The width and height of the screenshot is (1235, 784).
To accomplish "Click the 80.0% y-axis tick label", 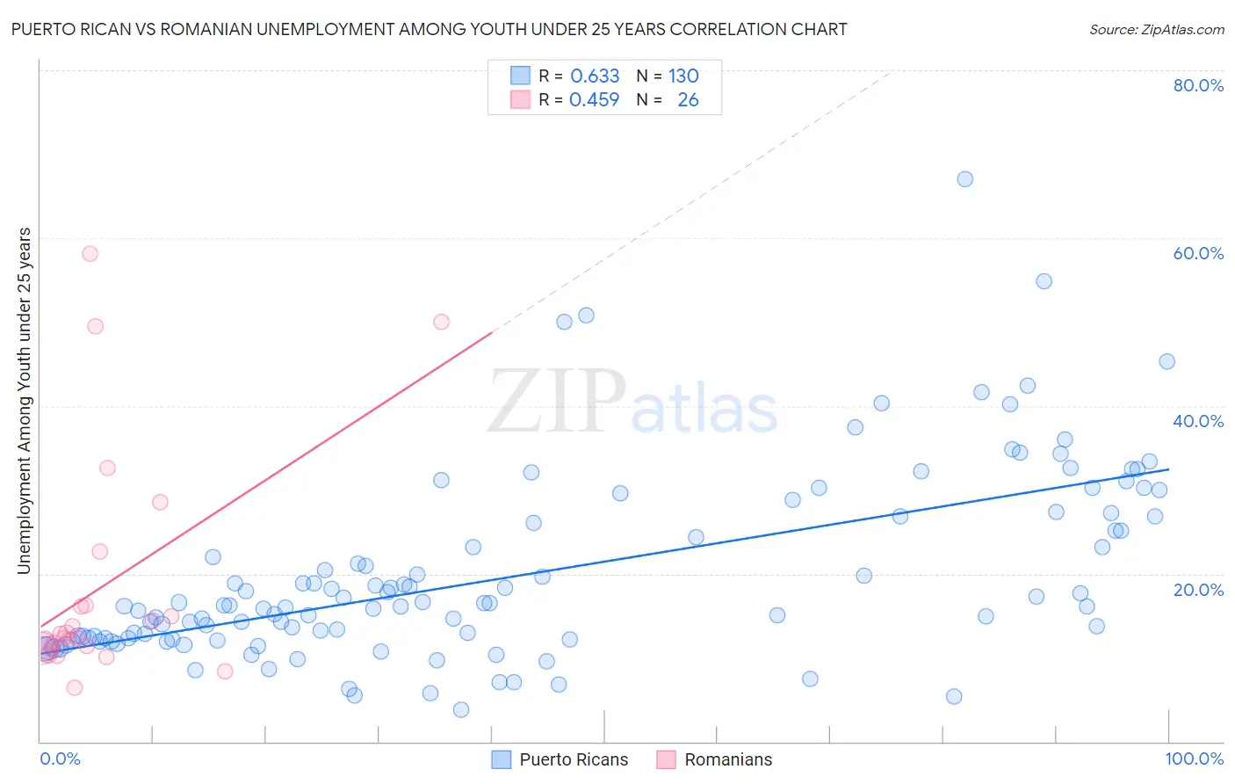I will point(1198,85).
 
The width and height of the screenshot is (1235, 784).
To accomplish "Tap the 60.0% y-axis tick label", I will point(1198,253).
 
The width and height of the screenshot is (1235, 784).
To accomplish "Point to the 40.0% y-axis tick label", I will point(1198,421).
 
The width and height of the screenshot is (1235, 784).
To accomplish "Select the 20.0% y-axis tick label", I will point(1198,589).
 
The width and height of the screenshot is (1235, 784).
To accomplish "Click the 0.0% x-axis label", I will point(60,759).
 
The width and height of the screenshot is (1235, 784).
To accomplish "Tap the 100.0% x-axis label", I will point(1195,759).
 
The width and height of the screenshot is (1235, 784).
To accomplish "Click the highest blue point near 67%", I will point(964,179).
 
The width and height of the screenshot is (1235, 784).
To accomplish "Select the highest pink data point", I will point(90,254).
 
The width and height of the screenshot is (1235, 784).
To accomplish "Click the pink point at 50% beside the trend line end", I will point(441,322).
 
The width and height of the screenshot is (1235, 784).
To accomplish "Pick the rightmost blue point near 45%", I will point(1166,361).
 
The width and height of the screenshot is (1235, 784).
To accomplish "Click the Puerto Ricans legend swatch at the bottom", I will point(501,759).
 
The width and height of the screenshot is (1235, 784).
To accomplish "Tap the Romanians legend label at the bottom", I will point(728,759).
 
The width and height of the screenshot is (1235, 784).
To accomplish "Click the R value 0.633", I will point(595,76).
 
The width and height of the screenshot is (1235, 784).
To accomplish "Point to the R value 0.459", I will point(595,99).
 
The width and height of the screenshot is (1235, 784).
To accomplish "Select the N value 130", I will point(683,76).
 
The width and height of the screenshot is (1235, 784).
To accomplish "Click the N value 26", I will point(688,99).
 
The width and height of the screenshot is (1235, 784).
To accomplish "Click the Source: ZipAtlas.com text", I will point(1156,29).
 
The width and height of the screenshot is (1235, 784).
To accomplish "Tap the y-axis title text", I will point(25,401).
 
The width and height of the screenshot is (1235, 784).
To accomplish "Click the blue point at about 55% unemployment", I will point(1044,281).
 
